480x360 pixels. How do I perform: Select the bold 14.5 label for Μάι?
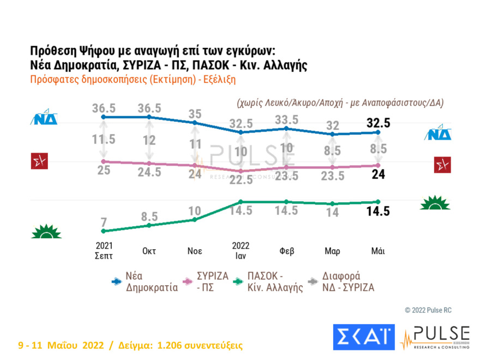pyautogui.click(x=378, y=212)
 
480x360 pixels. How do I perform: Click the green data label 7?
pyautogui.click(x=104, y=221)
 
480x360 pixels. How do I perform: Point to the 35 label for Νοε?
pyautogui.click(x=195, y=114)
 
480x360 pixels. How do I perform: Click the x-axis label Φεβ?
pyautogui.click(x=286, y=251)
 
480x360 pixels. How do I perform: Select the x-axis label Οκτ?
pyautogui.click(x=149, y=251)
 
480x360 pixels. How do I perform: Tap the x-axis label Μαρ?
pyautogui.click(x=332, y=251)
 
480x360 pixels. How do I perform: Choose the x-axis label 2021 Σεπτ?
pyautogui.click(x=104, y=250)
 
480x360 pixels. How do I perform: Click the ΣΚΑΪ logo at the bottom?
pyautogui.click(x=363, y=337)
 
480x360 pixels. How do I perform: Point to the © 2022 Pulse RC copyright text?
pyautogui.click(x=428, y=310)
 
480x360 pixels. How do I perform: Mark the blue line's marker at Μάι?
pyautogui.click(x=378, y=132)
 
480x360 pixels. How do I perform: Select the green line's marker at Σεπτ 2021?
pyautogui.click(x=104, y=231)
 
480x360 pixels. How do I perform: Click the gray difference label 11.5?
pyautogui.click(x=104, y=139)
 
